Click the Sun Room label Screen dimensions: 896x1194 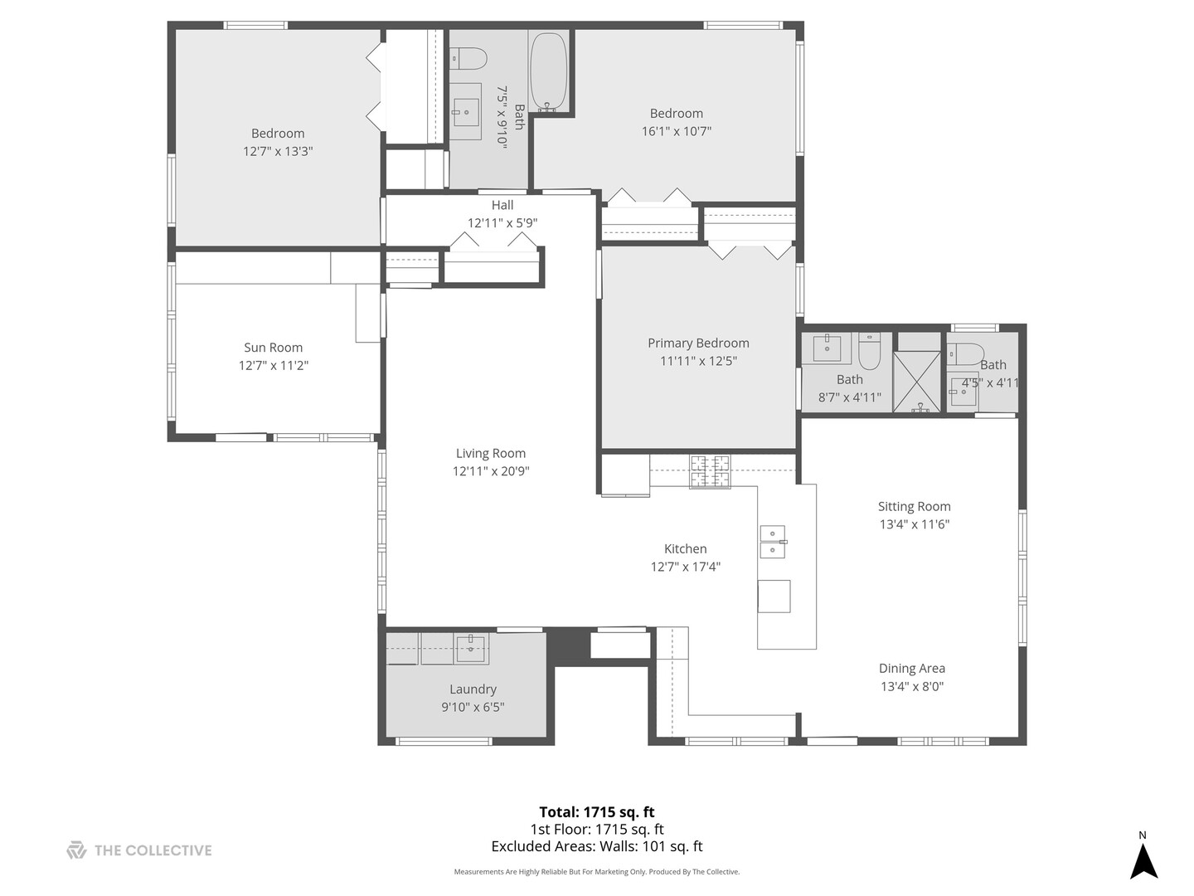point(273,348)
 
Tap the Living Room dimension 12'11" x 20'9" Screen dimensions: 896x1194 point(491,471)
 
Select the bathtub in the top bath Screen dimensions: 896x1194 point(549,72)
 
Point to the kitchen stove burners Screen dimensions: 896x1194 point(710,471)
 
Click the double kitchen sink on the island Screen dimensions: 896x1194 point(773,542)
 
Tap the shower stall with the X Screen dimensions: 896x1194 point(917,382)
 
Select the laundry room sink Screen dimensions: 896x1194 point(471,648)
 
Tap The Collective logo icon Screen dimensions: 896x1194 point(76,850)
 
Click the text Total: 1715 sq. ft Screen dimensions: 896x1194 point(597,812)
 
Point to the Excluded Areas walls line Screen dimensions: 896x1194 point(597,846)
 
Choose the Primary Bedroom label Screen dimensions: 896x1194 point(698,343)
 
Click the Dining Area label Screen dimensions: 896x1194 point(912,668)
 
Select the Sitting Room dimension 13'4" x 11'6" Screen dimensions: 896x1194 point(914,524)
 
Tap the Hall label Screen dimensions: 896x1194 point(502,205)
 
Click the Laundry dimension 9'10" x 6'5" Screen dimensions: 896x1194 point(473,707)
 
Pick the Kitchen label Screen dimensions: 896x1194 point(685,548)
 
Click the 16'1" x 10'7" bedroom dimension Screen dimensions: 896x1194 point(677,131)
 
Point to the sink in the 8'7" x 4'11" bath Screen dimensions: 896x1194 point(827,348)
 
